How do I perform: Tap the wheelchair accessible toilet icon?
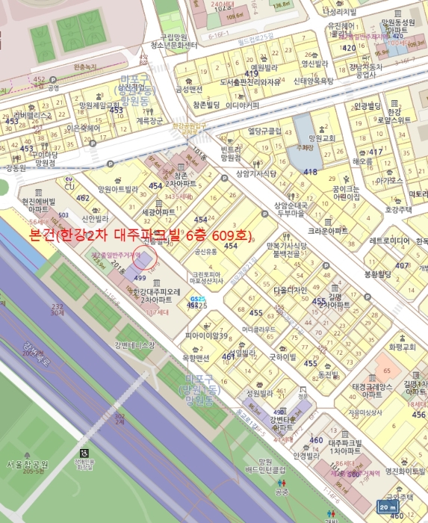(x=84, y=452)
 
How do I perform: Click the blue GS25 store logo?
(x=193, y=300)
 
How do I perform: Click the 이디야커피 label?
(x=242, y=105)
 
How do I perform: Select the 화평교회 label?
(x=402, y=347)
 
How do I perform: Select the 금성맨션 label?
(x=189, y=89)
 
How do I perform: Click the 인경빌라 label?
(x=306, y=455)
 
